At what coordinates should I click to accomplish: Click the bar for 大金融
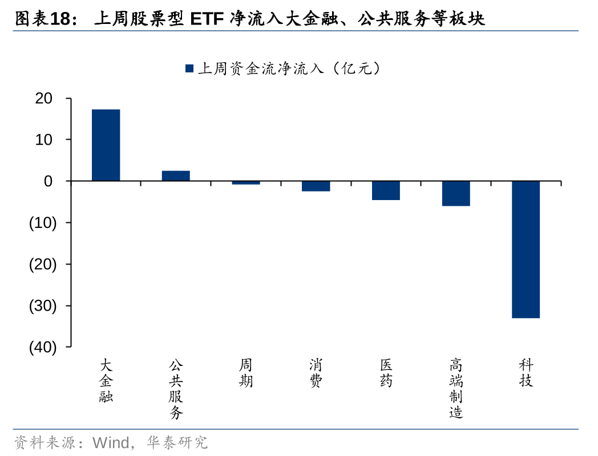point(106,145)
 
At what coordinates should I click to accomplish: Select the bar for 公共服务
point(176,176)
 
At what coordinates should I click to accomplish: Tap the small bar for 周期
point(246,182)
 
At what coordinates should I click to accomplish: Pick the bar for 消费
point(316,186)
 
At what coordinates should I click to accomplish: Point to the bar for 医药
point(386,190)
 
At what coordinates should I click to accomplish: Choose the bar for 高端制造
point(456,193)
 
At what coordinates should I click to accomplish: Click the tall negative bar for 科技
point(526,249)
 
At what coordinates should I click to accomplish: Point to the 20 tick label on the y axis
point(44,99)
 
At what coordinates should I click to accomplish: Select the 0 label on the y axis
point(49,181)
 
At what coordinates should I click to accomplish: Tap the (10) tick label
point(43,223)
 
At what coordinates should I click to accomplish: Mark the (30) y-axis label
point(43,306)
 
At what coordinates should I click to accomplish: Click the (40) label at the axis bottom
point(43,348)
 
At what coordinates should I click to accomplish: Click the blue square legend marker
point(189,68)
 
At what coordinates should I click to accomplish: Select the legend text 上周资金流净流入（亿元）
point(289,69)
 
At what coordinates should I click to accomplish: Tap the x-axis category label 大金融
point(106,381)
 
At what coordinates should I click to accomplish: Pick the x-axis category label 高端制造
point(456,389)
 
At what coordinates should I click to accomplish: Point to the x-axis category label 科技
point(526,373)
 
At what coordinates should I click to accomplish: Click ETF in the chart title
point(207,19)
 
